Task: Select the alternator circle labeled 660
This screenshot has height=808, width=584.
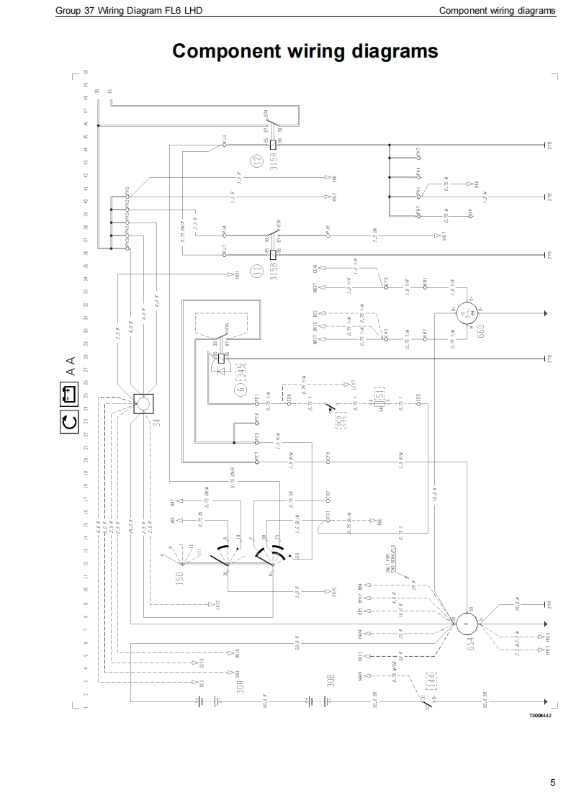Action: coord(467,313)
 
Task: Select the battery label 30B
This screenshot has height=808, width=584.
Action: coord(331,681)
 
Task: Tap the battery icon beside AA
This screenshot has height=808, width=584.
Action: coord(68,395)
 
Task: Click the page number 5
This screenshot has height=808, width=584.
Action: coord(552,783)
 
